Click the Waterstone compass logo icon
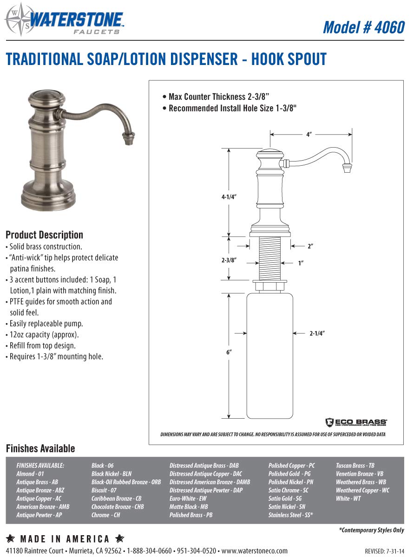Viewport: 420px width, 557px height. click(x=17, y=19)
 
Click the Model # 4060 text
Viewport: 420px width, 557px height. click(x=363, y=27)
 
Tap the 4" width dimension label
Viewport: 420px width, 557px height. click(x=309, y=135)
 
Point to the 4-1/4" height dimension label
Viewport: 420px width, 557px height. click(x=229, y=197)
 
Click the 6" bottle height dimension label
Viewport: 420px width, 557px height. click(x=229, y=352)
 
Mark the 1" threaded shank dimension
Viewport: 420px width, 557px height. click(x=301, y=263)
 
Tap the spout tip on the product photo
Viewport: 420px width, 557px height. click(x=127, y=138)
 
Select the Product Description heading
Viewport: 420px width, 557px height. click(x=44, y=235)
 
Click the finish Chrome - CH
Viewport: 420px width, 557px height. click(x=105, y=515)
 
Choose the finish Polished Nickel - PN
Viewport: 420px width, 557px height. click(x=290, y=482)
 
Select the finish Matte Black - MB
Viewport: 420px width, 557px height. click(x=188, y=507)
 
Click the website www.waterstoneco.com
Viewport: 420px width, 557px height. click(x=254, y=551)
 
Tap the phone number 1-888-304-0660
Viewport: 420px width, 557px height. click(x=149, y=551)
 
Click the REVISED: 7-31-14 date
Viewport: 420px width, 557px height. click(x=384, y=551)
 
